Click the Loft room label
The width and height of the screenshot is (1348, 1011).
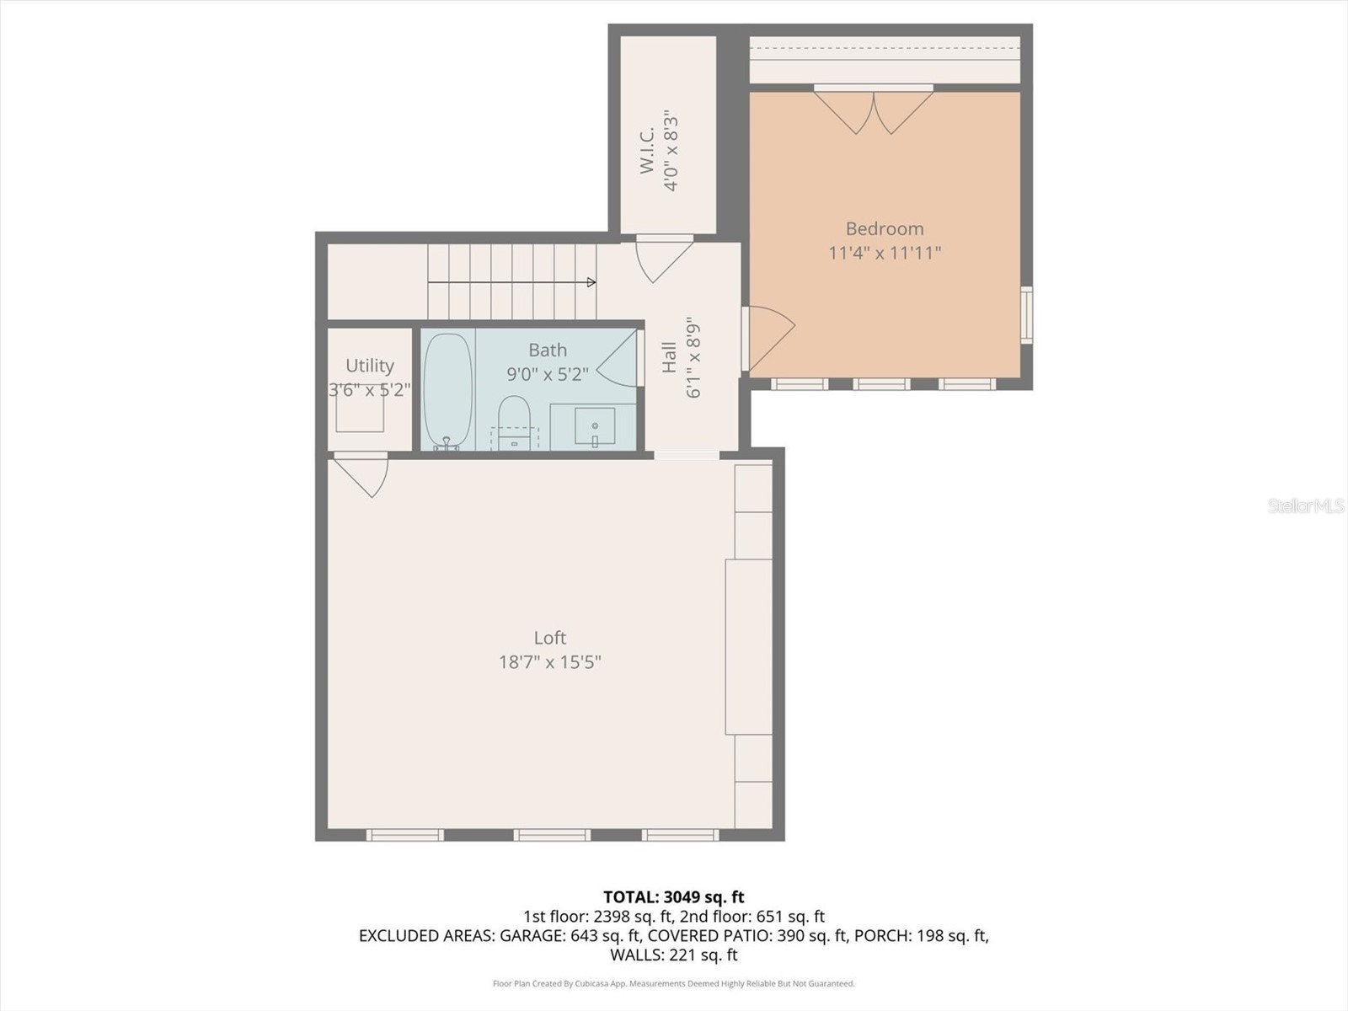pyautogui.click(x=549, y=638)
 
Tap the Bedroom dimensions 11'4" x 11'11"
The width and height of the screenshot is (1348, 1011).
pyautogui.click(x=884, y=253)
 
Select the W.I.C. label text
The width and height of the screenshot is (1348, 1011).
pyautogui.click(x=647, y=152)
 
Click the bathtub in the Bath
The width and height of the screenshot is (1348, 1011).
pyautogui.click(x=447, y=389)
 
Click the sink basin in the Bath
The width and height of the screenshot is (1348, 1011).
pyautogui.click(x=594, y=425)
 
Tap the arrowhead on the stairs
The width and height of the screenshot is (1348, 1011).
pyautogui.click(x=591, y=282)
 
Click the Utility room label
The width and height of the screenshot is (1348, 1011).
pyautogui.click(x=369, y=366)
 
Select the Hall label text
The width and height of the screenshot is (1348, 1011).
pyautogui.click(x=669, y=356)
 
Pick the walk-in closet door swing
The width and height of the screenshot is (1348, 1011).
pyautogui.click(x=662, y=259)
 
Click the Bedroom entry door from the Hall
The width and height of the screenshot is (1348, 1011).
pyautogui.click(x=768, y=337)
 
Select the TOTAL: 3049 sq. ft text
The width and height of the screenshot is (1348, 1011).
pyautogui.click(x=673, y=897)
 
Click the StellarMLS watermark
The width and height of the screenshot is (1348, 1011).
pyautogui.click(x=1305, y=506)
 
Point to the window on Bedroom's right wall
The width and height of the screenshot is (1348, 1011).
pyautogui.click(x=1026, y=314)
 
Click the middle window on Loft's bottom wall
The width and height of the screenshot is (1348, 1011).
pyautogui.click(x=552, y=835)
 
